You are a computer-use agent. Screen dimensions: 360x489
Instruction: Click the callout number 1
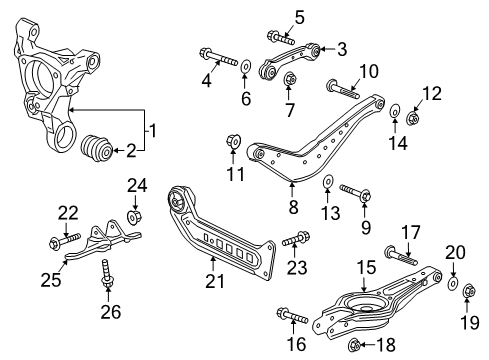pos(152,129)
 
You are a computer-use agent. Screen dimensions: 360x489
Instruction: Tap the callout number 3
pos(342,48)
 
